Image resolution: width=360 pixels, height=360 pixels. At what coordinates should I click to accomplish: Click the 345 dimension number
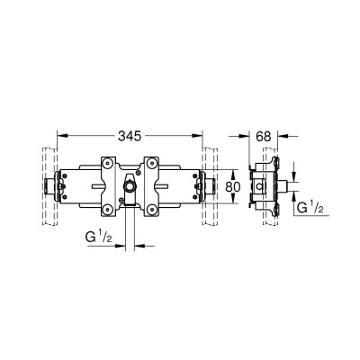130,137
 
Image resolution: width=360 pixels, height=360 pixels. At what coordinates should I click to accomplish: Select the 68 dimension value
264,137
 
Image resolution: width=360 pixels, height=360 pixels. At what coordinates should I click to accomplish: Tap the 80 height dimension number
233,187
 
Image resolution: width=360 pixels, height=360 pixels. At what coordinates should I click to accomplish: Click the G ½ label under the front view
99,238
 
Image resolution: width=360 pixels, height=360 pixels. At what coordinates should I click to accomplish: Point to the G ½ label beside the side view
310,207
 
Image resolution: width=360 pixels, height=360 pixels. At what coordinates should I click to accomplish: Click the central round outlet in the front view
130,187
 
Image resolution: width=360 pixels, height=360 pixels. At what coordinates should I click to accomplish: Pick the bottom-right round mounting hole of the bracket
152,210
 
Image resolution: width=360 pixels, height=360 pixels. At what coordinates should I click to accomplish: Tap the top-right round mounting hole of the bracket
152,164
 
